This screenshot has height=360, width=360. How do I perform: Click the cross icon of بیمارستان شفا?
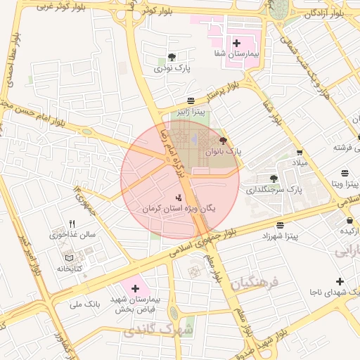(236, 43)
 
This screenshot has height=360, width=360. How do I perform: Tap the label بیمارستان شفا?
(237, 54)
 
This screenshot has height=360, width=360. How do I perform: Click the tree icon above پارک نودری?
(172, 57)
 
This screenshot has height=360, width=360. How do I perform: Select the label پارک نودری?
(172, 68)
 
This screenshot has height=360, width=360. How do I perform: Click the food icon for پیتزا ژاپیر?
(191, 101)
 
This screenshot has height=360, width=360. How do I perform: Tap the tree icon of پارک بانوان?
(224, 141)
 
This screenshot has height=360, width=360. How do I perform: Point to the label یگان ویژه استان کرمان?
(179, 209)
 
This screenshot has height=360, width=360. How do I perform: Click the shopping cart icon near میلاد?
(300, 152)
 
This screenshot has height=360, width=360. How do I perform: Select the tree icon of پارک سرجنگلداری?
(274, 179)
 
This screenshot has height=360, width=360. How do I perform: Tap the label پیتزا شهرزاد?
(281, 236)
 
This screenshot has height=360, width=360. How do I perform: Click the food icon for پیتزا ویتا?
(344, 173)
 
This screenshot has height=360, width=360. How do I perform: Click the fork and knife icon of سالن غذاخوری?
(72, 224)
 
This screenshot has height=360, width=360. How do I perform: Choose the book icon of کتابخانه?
(68, 257)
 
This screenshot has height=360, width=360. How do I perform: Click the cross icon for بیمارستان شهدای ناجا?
(340, 281)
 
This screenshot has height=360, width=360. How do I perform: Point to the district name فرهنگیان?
(254, 282)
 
